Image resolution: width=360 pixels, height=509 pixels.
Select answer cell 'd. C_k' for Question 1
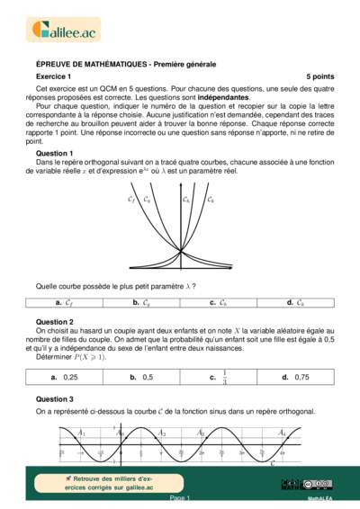tap(293, 303)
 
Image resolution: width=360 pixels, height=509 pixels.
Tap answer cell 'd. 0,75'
tap(293, 377)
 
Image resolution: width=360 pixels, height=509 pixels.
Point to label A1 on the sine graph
tap(82, 433)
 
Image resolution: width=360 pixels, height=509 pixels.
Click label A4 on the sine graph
tap(283, 433)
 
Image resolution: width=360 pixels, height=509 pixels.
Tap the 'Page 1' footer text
tap(180, 497)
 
